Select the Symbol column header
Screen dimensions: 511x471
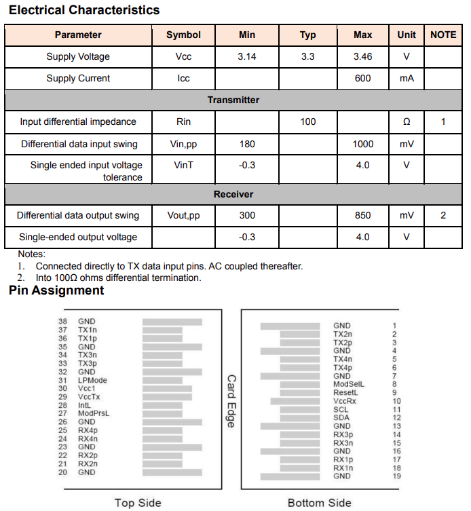pyautogui.click(x=183, y=35)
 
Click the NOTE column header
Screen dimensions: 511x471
pyautogui.click(x=443, y=35)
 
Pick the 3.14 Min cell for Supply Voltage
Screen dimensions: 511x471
pyautogui.click(x=247, y=56)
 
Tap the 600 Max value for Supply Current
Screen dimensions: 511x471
pyautogui.click(x=363, y=78)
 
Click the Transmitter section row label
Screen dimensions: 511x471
pyautogui.click(x=233, y=100)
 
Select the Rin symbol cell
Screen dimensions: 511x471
pyautogui.click(x=183, y=121)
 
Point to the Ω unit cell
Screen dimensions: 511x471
pyautogui.click(x=407, y=121)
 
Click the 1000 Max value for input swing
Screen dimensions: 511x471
pyautogui.click(x=363, y=144)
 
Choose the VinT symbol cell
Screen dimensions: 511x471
pyautogui.click(x=183, y=165)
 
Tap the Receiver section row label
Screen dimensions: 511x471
pyautogui.click(x=233, y=194)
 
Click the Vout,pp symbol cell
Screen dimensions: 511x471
pyautogui.click(x=183, y=215)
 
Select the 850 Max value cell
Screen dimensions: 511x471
pyautogui.click(x=363, y=215)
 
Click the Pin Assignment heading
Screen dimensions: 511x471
pyautogui.click(x=56, y=290)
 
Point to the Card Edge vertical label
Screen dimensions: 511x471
pyautogui.click(x=231, y=401)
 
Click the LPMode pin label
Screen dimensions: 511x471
pyautogui.click(x=92, y=380)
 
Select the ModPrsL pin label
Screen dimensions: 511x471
pyautogui.click(x=93, y=413)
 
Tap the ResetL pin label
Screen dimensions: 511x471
pyautogui.click(x=345, y=392)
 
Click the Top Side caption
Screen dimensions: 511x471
pyautogui.click(x=138, y=502)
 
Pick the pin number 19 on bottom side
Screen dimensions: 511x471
pyautogui.click(x=396, y=476)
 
